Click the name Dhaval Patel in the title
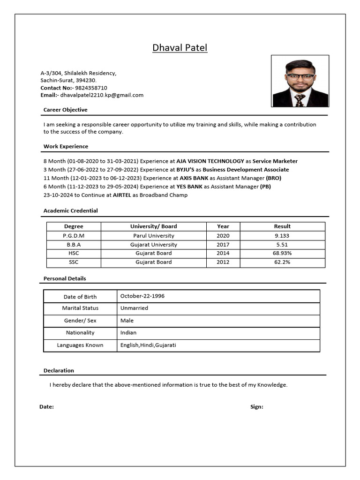point(180,48)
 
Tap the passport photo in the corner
point(300,81)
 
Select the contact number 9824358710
point(91,88)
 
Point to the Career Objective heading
point(65,110)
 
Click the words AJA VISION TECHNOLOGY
point(210,161)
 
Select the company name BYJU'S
point(185,170)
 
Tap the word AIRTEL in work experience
point(121,195)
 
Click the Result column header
point(282,226)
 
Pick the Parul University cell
point(153,236)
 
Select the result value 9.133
point(282,236)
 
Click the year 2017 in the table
point(223,245)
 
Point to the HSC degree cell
point(74,253)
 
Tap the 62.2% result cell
point(282,262)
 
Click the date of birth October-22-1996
point(142,296)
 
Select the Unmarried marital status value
point(134,308)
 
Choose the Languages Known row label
point(80,345)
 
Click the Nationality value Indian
point(128,333)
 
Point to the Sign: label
point(256,407)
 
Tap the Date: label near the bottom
point(46,407)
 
